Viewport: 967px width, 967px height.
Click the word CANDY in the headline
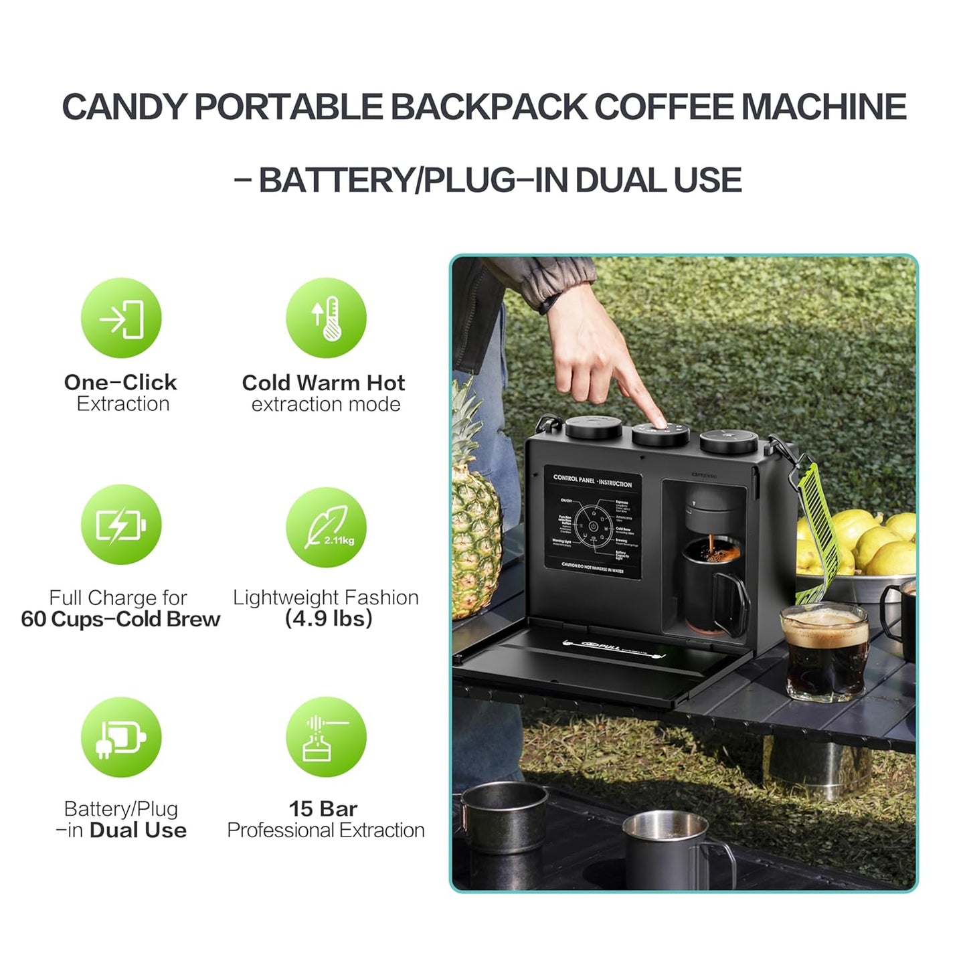(124, 107)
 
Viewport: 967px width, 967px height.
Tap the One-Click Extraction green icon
(121, 318)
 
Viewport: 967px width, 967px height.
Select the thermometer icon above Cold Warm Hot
(326, 318)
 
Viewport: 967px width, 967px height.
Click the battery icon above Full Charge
(121, 525)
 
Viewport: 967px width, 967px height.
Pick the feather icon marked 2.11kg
(326, 527)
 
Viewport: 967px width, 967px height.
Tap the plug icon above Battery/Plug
(121, 737)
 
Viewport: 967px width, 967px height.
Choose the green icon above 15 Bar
(326, 737)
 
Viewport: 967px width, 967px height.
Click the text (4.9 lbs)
(329, 618)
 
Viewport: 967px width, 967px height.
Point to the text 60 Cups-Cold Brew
(120, 619)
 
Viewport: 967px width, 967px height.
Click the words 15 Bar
(323, 808)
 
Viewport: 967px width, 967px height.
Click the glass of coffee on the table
(825, 652)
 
